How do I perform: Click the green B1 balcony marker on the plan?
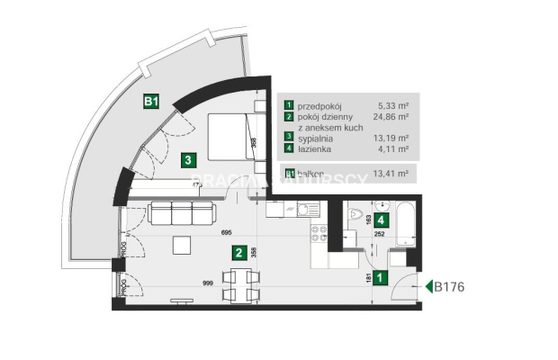[x=151, y=103]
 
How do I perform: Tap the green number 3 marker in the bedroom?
[x=187, y=161]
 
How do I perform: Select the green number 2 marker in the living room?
[x=238, y=253]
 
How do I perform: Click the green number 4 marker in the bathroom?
[x=382, y=220]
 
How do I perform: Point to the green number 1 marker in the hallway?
[x=382, y=279]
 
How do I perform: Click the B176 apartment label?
[x=454, y=288]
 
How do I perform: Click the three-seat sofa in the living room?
[x=181, y=213]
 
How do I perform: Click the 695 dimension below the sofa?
[x=228, y=232]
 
